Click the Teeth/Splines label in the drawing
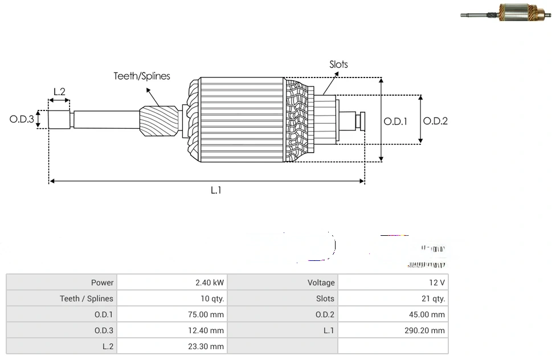pos(141,76)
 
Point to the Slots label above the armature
pos(338,64)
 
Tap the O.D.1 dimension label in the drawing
pos(395,121)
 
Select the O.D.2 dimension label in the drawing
pos(436,121)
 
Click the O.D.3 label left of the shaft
pos(22,120)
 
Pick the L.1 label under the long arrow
pos(215,190)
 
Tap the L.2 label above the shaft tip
pos(59,91)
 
